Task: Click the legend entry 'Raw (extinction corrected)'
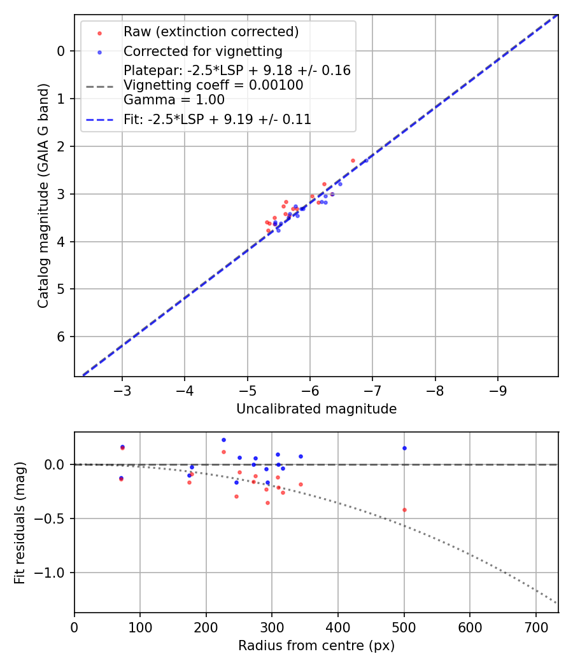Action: tap(211, 32)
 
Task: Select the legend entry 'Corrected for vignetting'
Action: tap(202, 51)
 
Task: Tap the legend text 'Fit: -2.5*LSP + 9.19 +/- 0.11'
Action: tap(217, 119)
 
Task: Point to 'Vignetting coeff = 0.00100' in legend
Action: tap(213, 85)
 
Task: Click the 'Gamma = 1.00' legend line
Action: tap(174, 99)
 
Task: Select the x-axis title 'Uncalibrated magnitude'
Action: tap(316, 409)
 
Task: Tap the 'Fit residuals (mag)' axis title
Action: tap(19, 522)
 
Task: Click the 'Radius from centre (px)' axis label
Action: tap(316, 646)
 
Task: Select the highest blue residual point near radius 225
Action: tap(223, 440)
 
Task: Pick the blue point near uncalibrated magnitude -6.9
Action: tap(365, 160)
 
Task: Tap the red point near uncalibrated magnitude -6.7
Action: tap(353, 160)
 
